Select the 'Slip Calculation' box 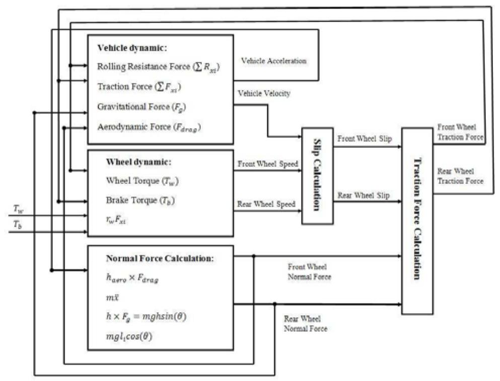(x=317, y=175)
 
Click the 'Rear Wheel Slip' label (x=363, y=195)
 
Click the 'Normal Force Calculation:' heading (x=160, y=259)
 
